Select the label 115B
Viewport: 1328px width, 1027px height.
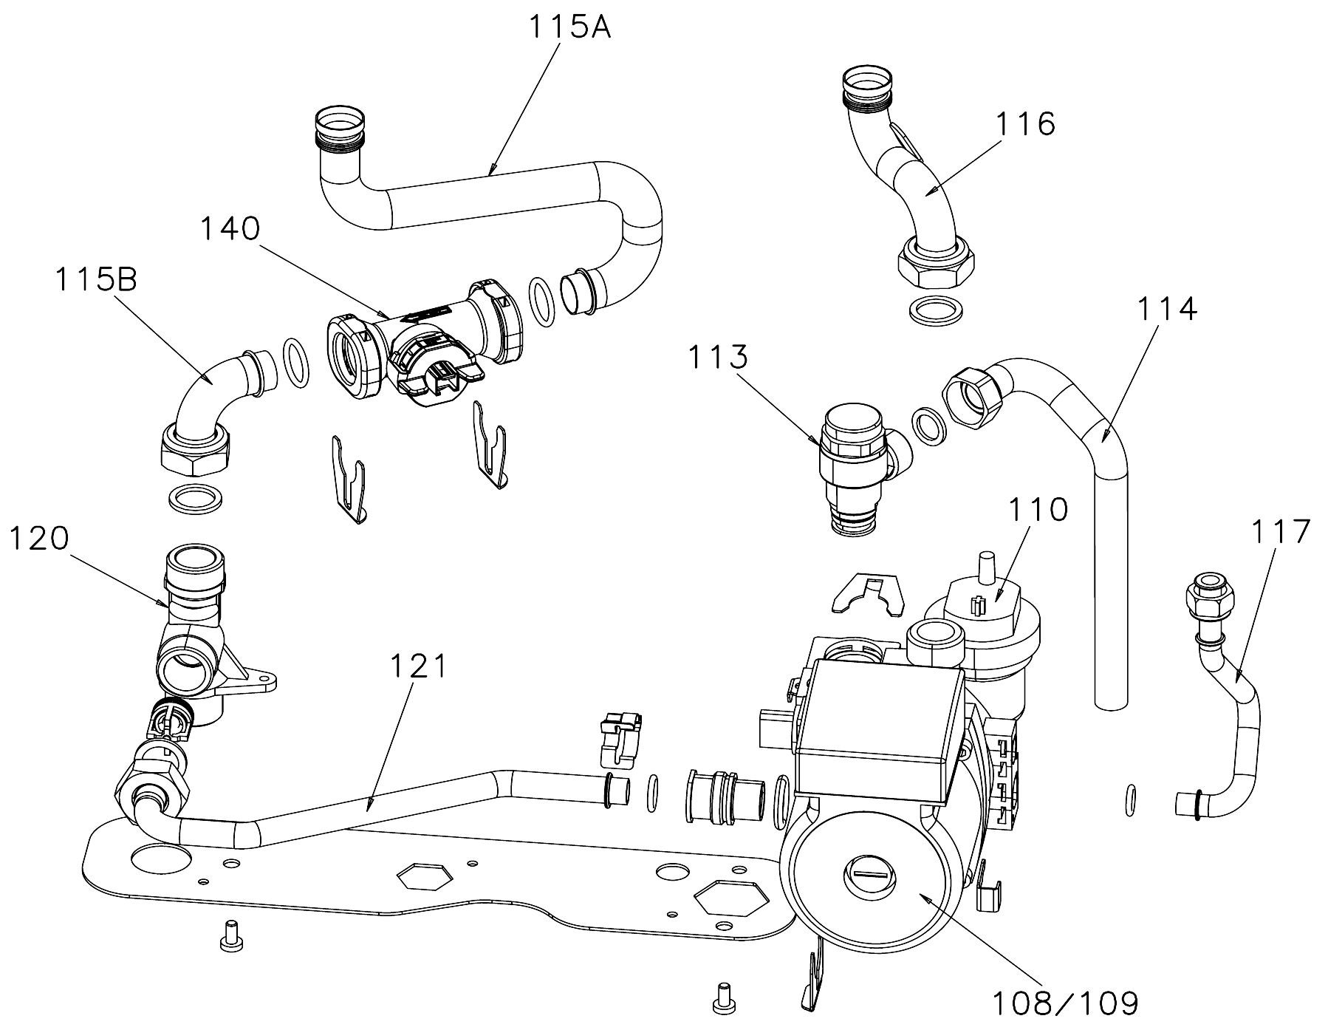pyautogui.click(x=96, y=281)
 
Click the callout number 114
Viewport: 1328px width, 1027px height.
pyautogui.click(x=1166, y=309)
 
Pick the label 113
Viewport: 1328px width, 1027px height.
pyautogui.click(x=718, y=358)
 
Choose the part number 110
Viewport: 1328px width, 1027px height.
pyautogui.click(x=1038, y=509)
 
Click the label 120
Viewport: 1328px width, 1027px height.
pyautogui.click(x=39, y=538)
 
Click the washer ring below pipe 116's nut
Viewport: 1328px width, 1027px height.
pyautogui.click(x=935, y=310)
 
